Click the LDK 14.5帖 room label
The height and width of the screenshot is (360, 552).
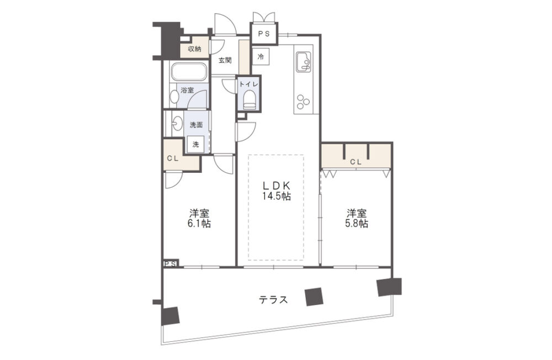tap(277, 190)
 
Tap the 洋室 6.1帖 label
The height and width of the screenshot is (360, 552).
tap(200, 219)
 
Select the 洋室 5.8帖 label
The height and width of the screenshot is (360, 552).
tap(357, 219)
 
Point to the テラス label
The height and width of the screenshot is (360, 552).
tap(274, 300)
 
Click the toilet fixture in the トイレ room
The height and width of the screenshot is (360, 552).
tap(250, 100)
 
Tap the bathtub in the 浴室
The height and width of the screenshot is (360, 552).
tap(189, 72)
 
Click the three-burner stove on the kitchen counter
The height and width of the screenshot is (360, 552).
tap(302, 102)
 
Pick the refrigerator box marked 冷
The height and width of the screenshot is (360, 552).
tap(261, 56)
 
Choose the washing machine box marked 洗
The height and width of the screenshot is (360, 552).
tap(195, 144)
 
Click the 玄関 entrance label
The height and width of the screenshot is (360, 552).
tap(225, 60)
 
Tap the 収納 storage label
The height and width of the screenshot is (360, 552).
tap(194, 49)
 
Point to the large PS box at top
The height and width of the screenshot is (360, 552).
tap(264, 34)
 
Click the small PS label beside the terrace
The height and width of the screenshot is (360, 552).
tap(171, 264)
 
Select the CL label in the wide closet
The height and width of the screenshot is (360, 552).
tap(356, 162)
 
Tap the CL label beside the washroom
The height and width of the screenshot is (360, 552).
tap(172, 158)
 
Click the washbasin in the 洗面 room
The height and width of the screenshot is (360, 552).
tap(177, 123)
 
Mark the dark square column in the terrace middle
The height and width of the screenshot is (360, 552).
tap(314, 297)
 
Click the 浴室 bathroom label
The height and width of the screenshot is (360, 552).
tap(187, 90)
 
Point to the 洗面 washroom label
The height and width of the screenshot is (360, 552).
tap(196, 125)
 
